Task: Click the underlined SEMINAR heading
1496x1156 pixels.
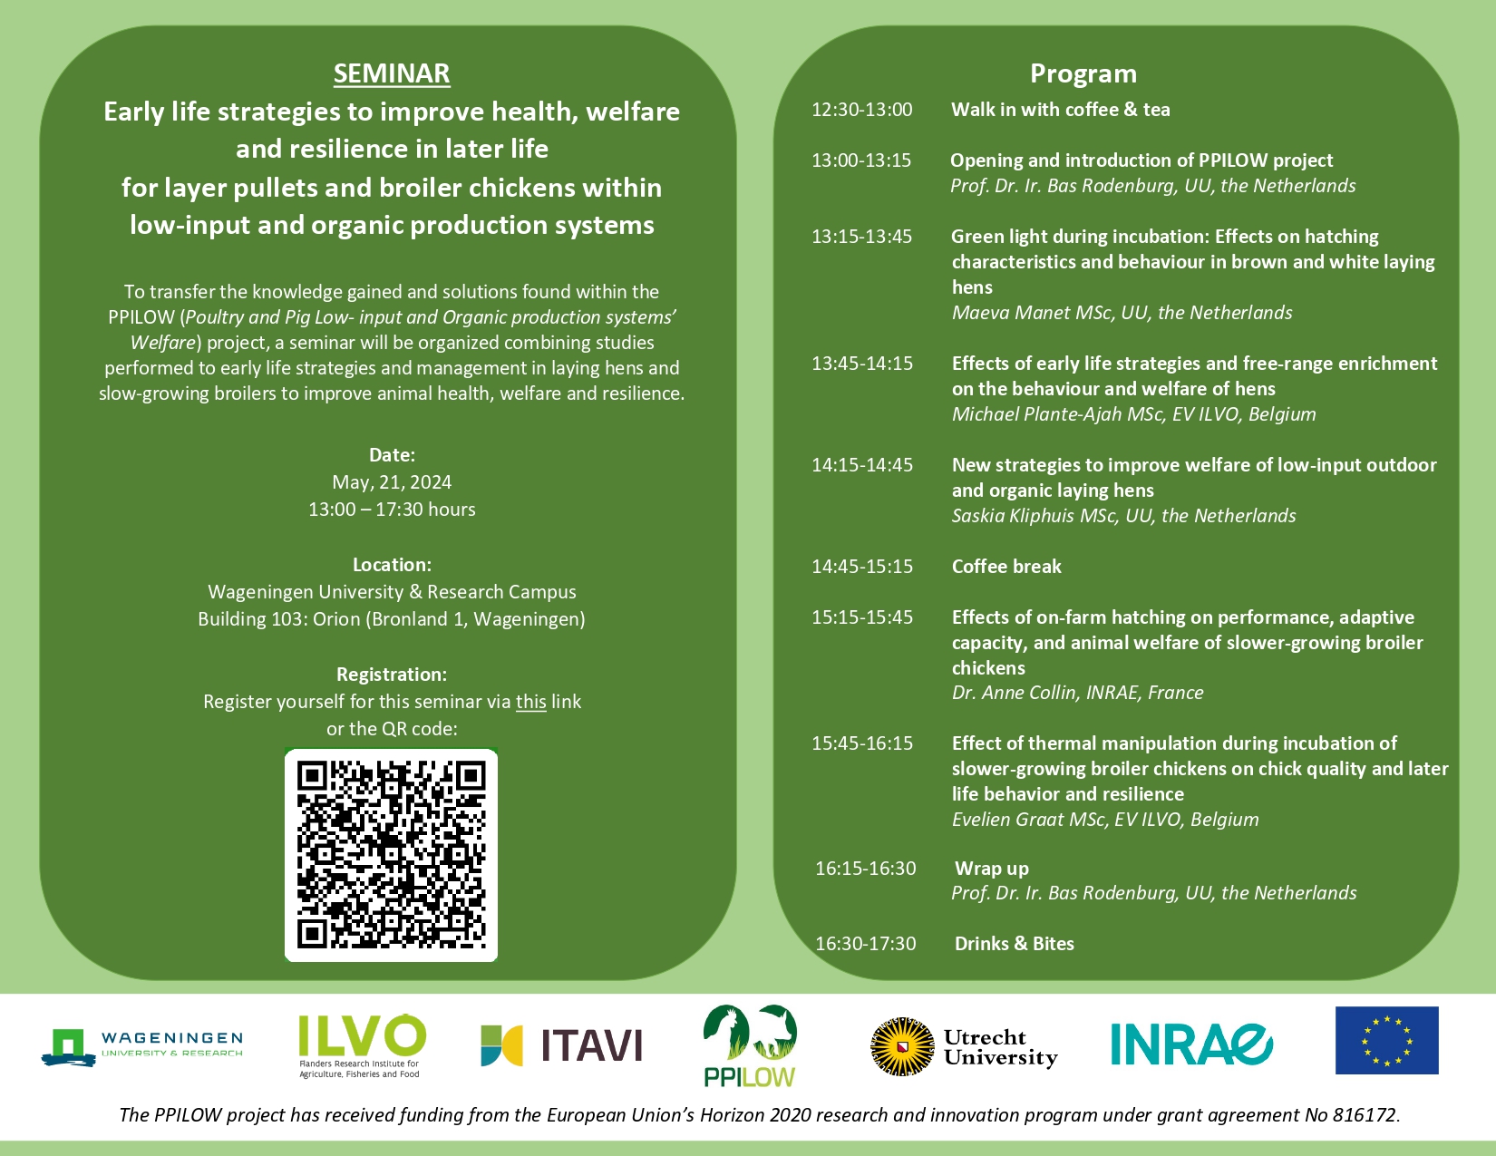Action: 392,73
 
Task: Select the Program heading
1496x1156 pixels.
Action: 1083,73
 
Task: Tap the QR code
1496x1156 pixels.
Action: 391,855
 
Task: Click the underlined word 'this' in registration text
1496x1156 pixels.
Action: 530,702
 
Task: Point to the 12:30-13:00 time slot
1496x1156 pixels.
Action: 862,110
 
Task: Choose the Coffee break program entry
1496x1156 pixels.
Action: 1006,566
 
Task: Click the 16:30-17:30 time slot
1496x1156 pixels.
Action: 865,943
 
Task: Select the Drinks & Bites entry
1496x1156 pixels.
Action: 1014,943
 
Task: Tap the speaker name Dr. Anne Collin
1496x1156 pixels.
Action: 1014,692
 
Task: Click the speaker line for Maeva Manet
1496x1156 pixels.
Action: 1122,313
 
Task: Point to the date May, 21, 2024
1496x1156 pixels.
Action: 392,482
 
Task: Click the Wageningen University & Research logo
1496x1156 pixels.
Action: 141,1046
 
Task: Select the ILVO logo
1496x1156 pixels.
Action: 362,1045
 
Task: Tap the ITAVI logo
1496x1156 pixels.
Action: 562,1045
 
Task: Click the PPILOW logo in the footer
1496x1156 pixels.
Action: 749,1045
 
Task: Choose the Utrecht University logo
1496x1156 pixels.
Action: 964,1046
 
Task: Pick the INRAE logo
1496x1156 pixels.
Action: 1191,1044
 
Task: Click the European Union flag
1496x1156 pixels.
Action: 1386,1040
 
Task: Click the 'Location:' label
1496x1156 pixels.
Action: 392,565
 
